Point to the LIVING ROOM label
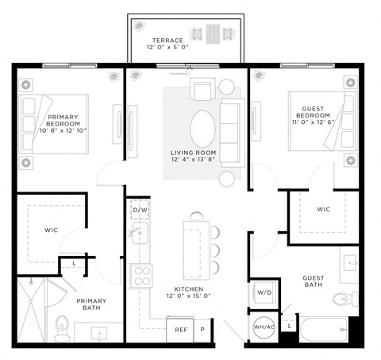tap(193, 157)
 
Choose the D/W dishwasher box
tap(140, 211)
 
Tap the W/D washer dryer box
tap(263, 292)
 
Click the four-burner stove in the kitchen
tap(142, 276)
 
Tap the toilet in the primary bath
tap(62, 326)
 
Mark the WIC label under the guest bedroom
tap(322, 210)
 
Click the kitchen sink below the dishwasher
tap(140, 233)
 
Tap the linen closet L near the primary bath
tap(74, 263)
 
